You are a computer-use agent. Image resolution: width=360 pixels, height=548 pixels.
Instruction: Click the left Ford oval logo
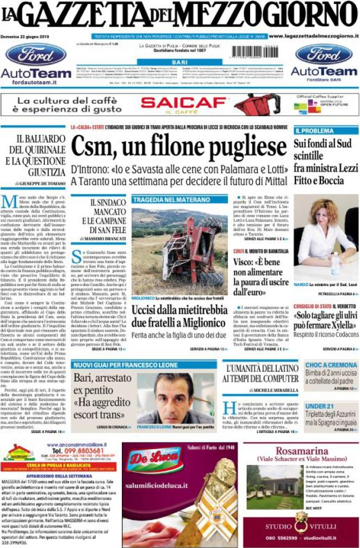point(36,55)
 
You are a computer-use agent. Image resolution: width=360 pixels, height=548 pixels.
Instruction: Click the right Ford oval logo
point(324,54)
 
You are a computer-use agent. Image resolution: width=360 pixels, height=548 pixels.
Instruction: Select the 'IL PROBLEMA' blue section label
point(314,131)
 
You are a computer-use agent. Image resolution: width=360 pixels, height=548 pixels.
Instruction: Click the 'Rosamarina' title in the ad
point(301,450)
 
